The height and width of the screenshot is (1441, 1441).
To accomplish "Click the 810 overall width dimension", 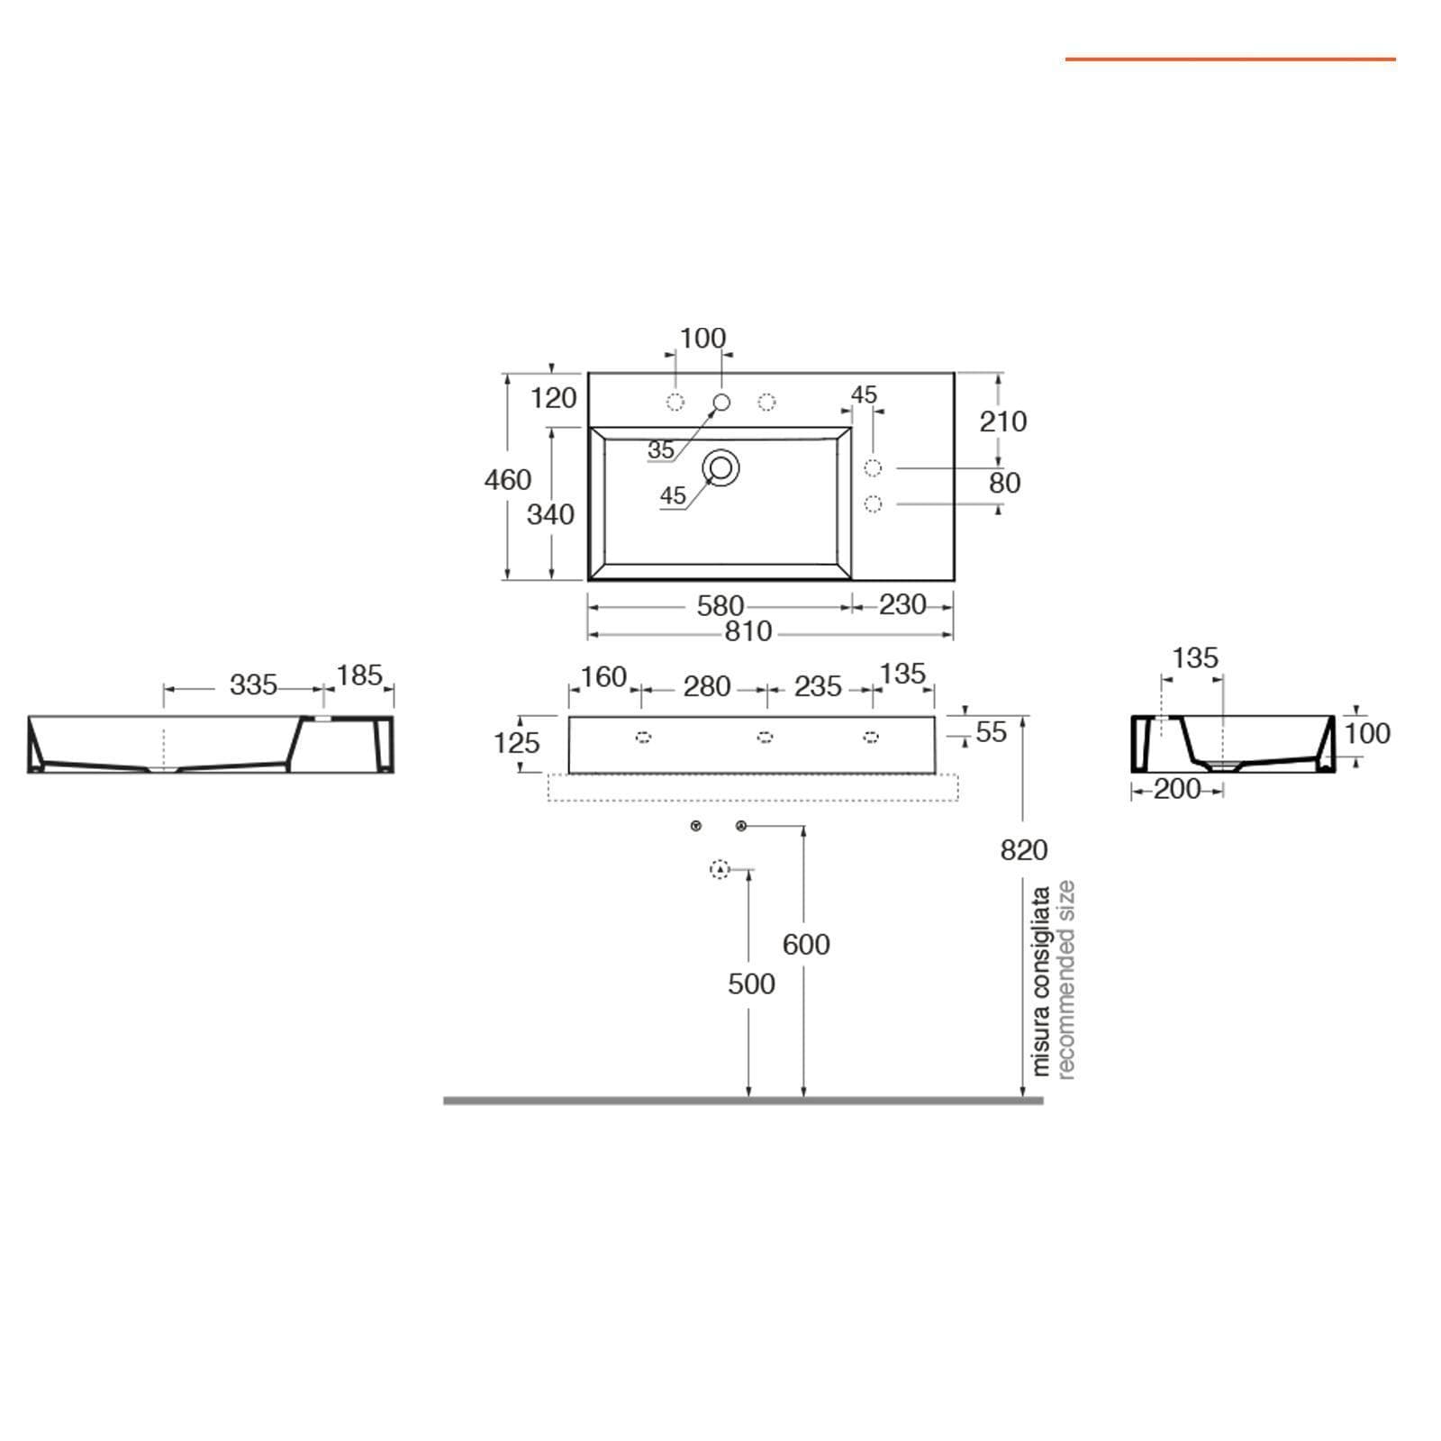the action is point(748,632).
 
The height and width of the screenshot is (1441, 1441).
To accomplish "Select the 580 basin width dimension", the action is point(720,606).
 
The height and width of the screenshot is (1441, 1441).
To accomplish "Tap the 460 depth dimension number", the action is point(508,480).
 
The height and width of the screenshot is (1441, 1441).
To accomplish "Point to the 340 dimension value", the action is point(550,514).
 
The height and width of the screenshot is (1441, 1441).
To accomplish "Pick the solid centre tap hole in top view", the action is point(721,402).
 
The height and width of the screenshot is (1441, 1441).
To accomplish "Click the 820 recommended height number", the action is point(1024,849).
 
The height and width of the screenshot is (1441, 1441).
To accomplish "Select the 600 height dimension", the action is point(806,944).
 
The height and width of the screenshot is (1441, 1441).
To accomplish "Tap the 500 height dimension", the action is point(751,983).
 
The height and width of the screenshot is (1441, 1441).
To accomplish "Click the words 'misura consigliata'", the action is point(1041,982).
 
